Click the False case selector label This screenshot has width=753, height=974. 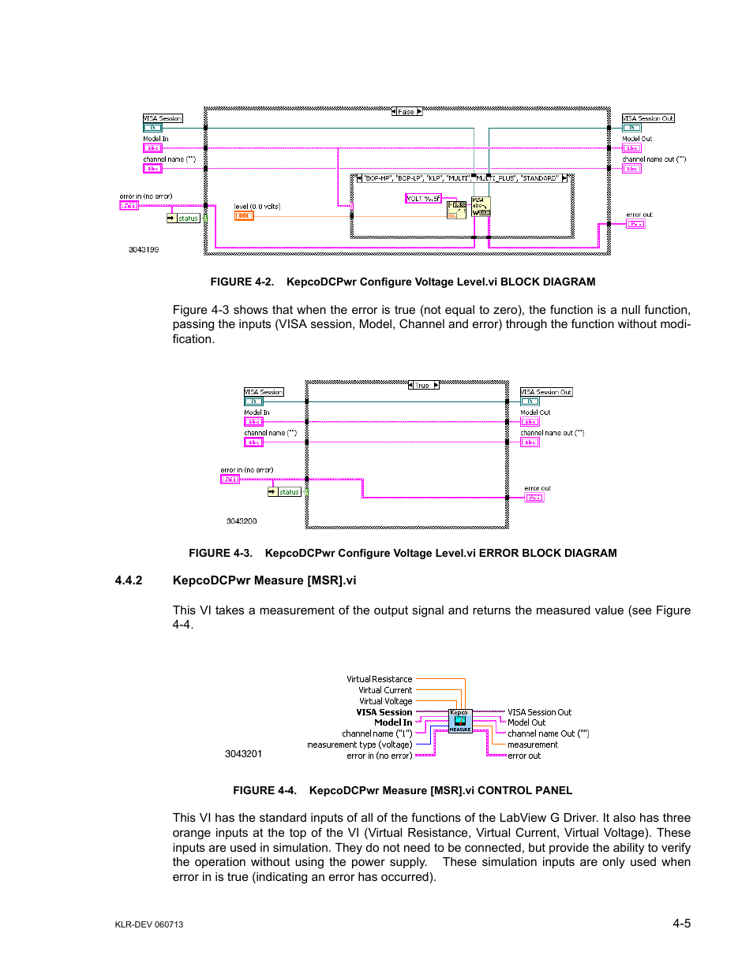(x=406, y=112)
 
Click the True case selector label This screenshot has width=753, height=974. (x=422, y=386)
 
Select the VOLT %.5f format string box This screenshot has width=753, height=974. (x=424, y=199)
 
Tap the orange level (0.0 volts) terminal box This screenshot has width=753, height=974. (x=244, y=216)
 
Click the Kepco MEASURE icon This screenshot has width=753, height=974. (x=460, y=721)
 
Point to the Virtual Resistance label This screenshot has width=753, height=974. (x=379, y=679)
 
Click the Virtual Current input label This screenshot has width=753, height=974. (x=385, y=690)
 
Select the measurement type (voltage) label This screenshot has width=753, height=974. (x=359, y=744)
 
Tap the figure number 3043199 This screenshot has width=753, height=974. (x=144, y=249)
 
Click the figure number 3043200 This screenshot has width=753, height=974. (x=242, y=521)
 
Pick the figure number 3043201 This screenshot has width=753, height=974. (x=243, y=754)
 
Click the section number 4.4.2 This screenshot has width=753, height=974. (x=129, y=580)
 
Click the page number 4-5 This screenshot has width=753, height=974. (x=682, y=924)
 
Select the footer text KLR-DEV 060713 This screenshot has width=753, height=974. (x=149, y=924)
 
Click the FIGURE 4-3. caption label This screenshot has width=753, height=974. (x=220, y=553)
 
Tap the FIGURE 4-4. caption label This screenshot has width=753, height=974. (x=264, y=790)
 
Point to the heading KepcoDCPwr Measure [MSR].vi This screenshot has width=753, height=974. (x=264, y=580)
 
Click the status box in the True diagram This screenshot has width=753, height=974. (x=289, y=492)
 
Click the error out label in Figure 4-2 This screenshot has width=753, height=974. (x=639, y=215)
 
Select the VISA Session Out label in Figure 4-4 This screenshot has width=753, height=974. (x=539, y=712)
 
